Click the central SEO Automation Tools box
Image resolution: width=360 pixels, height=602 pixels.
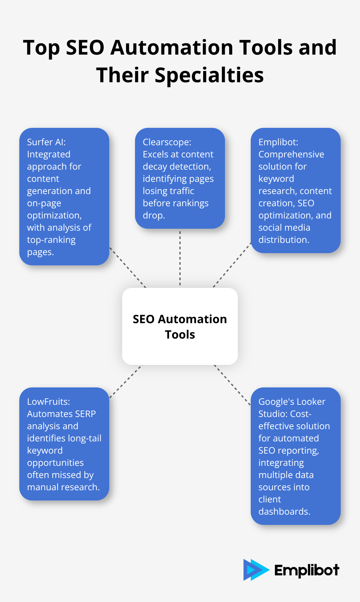[180, 326]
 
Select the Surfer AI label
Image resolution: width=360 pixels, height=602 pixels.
[46, 142]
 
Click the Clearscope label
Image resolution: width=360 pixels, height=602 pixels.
[166, 142]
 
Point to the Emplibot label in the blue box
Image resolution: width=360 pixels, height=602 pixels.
[278, 142]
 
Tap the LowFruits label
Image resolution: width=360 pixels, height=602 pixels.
[48, 402]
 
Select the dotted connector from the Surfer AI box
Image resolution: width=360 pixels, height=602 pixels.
[128, 267]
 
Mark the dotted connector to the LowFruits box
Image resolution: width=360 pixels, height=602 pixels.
[125, 382]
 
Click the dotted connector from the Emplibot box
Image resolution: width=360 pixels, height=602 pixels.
[232, 265]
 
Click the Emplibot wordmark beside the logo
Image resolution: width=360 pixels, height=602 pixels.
[306, 570]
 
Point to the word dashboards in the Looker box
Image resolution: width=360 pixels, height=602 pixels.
[284, 511]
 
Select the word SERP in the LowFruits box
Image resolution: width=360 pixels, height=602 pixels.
[85, 414]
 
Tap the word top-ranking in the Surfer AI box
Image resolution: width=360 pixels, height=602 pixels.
[51, 240]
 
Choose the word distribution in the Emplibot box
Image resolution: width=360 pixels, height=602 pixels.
[283, 240]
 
